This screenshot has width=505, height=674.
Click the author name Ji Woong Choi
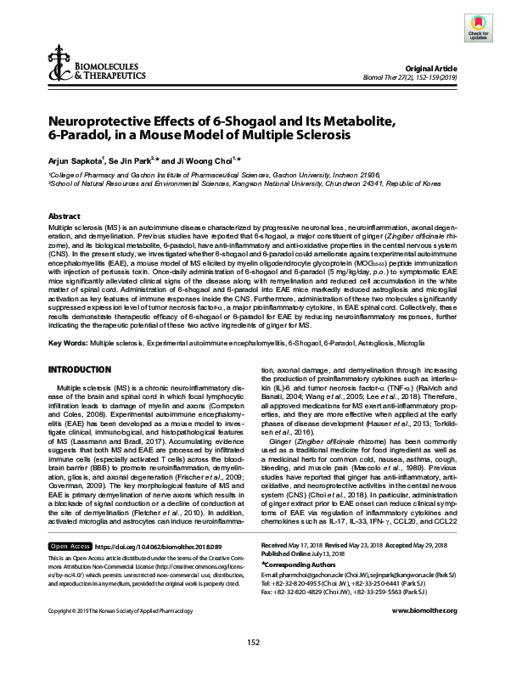click(209, 159)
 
